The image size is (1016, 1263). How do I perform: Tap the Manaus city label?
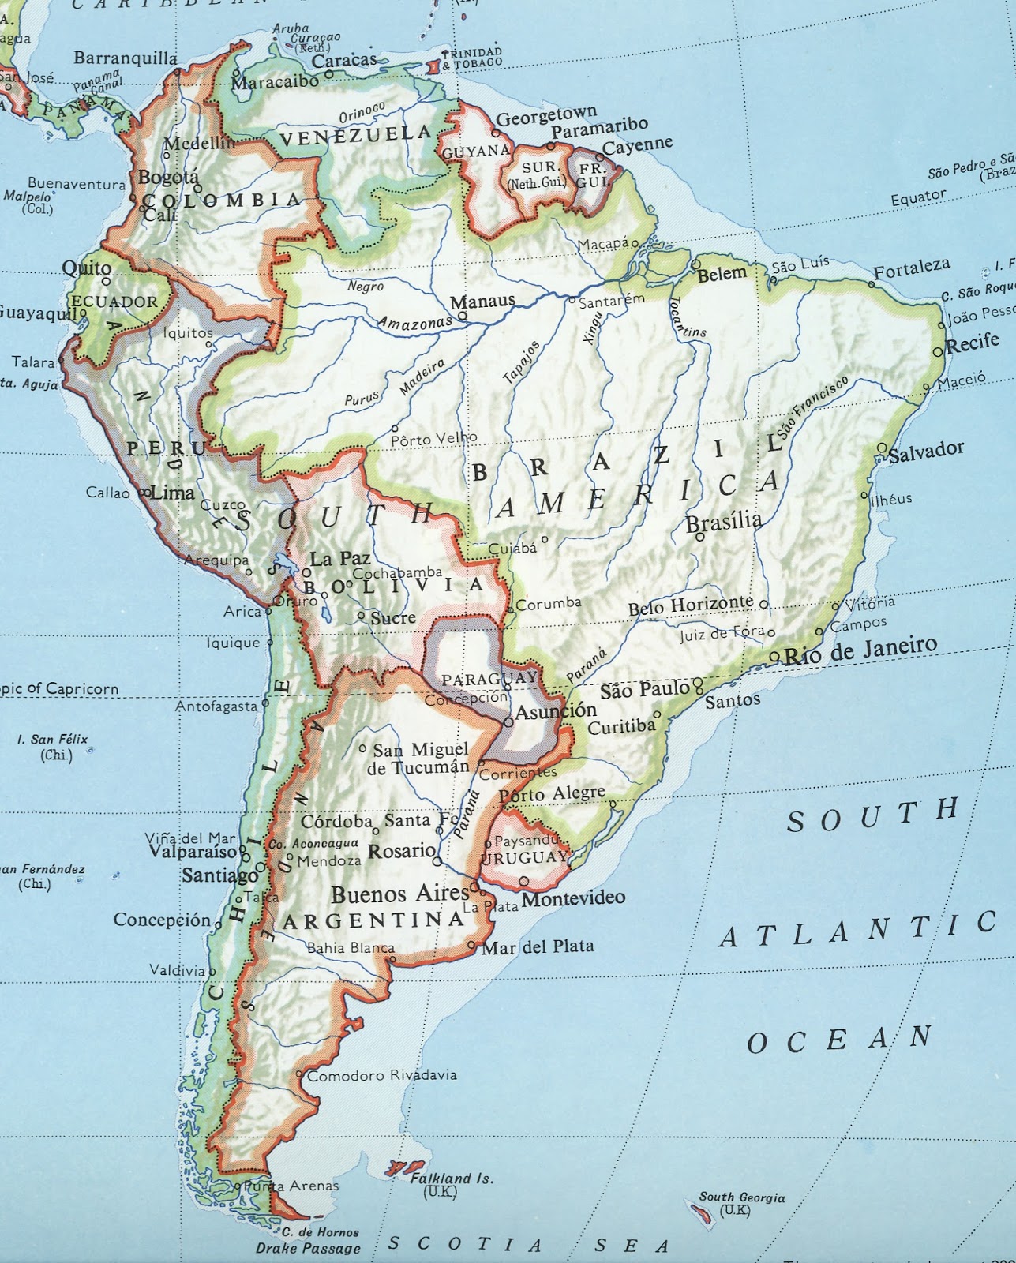pyautogui.click(x=482, y=301)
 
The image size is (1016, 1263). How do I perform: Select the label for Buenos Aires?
pyautogui.click(x=399, y=894)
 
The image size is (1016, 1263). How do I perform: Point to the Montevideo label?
pyautogui.click(x=574, y=898)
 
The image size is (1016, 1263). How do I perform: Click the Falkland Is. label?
pyautogui.click(x=452, y=1179)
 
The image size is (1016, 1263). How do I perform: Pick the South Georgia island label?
pyautogui.click(x=741, y=1197)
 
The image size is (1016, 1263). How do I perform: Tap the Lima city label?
pyautogui.click(x=172, y=493)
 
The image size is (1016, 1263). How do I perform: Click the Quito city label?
pyautogui.click(x=87, y=268)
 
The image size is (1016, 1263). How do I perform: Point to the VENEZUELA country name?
pyautogui.click(x=356, y=137)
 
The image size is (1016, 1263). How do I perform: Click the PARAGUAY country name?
pyautogui.click(x=488, y=679)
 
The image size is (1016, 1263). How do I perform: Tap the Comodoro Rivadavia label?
pyautogui.click(x=381, y=1075)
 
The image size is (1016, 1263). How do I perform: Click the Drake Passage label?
pyautogui.click(x=308, y=1248)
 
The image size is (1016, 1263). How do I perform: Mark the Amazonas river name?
pyautogui.click(x=414, y=322)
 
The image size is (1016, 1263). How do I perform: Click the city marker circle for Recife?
pyautogui.click(x=938, y=351)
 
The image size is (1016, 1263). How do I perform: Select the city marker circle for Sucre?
pyautogui.click(x=361, y=615)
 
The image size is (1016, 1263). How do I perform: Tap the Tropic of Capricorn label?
pyautogui.click(x=59, y=688)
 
